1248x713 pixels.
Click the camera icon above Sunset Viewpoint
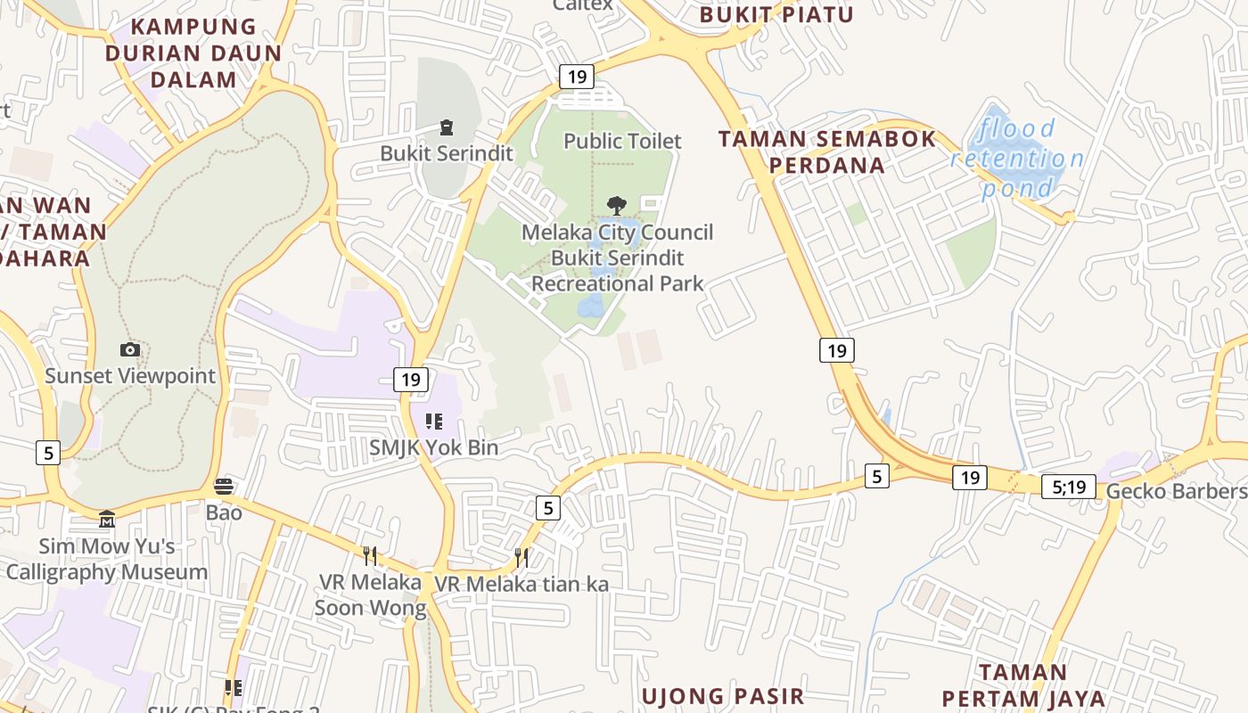click(130, 349)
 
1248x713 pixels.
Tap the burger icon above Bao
click(224, 487)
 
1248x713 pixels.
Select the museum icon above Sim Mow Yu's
click(107, 519)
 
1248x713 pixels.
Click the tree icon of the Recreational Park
click(616, 206)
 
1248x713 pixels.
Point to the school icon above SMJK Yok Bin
click(434, 421)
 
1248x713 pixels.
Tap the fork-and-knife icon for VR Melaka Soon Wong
click(370, 556)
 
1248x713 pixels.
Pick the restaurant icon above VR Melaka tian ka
click(521, 558)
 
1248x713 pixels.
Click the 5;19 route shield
click(1068, 486)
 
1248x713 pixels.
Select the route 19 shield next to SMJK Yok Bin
click(410, 380)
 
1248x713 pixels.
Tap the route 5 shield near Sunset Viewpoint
click(48, 453)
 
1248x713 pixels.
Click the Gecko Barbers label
click(1176, 491)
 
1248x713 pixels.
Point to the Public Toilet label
click(622, 141)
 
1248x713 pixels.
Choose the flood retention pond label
click(1017, 159)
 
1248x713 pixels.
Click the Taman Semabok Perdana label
click(827, 152)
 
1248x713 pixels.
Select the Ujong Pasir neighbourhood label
click(723, 695)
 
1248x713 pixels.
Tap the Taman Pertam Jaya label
click(1022, 684)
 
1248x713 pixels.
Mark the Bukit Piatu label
click(776, 14)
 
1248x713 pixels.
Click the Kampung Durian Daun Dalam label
click(193, 53)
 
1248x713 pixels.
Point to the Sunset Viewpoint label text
click(130, 376)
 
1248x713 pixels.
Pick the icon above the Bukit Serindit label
click(447, 127)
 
